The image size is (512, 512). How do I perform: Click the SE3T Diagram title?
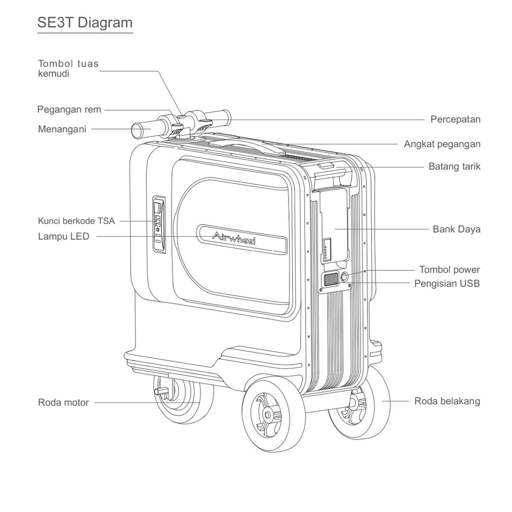click(85, 22)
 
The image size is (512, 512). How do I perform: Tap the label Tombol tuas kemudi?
click(68, 68)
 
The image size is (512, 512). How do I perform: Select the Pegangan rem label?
click(69, 109)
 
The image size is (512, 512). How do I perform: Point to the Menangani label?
click(62, 129)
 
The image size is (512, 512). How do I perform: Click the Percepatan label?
click(455, 119)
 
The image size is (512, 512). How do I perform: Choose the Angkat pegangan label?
click(442, 144)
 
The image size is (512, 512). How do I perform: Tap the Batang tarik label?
click(454, 166)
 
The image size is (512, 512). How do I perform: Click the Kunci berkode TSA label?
click(76, 220)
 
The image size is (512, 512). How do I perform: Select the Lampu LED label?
click(63, 236)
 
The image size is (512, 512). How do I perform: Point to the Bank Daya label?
click(456, 229)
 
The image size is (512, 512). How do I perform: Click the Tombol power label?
click(449, 270)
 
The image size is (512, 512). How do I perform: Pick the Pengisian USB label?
click(446, 283)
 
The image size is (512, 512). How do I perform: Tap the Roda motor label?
click(63, 402)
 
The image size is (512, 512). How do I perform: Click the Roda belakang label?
click(446, 401)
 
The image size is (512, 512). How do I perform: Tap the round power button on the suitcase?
click(344, 276)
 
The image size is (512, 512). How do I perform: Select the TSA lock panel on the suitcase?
click(158, 224)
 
